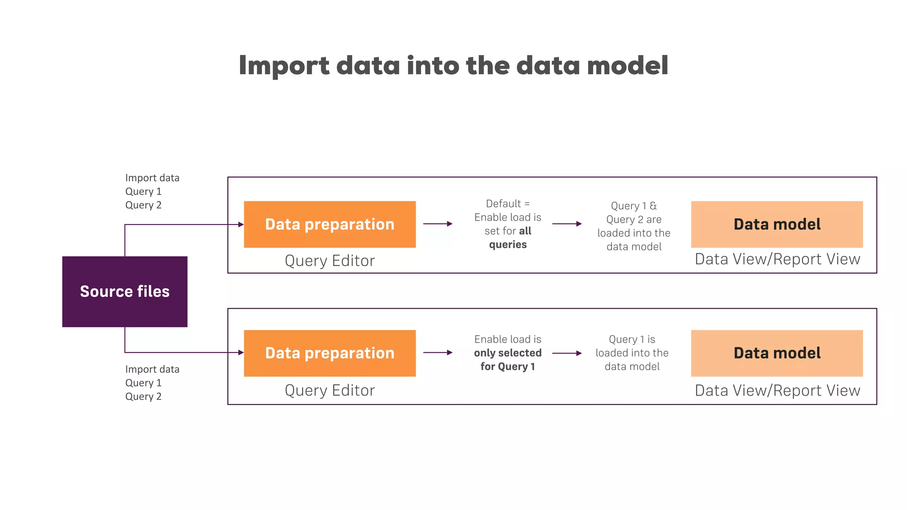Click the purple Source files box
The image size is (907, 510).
click(x=125, y=291)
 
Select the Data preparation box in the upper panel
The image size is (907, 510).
click(x=329, y=224)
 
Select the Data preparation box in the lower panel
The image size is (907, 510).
click(x=329, y=353)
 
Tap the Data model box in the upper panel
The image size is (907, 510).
click(x=777, y=224)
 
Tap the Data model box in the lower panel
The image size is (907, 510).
click(x=777, y=353)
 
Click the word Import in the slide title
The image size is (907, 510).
click(x=284, y=66)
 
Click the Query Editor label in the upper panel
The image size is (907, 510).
click(x=329, y=261)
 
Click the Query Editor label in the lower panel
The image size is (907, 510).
click(x=329, y=390)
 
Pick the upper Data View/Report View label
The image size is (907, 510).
click(x=777, y=259)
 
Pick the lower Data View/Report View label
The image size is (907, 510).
click(x=777, y=390)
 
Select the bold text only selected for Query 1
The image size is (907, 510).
click(x=508, y=359)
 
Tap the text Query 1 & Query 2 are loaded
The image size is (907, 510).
click(x=634, y=226)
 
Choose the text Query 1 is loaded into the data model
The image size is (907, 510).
click(x=632, y=353)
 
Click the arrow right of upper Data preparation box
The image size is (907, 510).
click(x=438, y=224)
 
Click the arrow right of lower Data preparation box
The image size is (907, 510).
click(x=438, y=352)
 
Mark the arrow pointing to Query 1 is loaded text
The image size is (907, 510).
click(x=567, y=353)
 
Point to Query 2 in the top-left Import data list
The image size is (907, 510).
click(x=143, y=205)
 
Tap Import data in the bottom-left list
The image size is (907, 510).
click(x=152, y=369)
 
